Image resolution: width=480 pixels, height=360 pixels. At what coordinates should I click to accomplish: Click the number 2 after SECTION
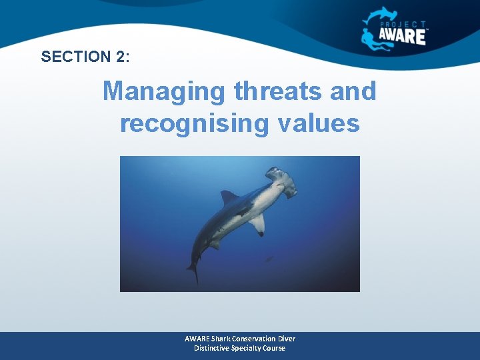(x=121, y=57)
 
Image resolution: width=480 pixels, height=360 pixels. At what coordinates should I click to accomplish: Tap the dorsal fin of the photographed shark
(x=229, y=197)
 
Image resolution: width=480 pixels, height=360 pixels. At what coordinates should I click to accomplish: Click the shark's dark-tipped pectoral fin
(x=257, y=224)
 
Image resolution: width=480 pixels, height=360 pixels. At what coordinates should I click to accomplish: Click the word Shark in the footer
(x=224, y=339)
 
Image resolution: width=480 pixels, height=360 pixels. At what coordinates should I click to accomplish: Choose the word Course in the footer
(x=273, y=348)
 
